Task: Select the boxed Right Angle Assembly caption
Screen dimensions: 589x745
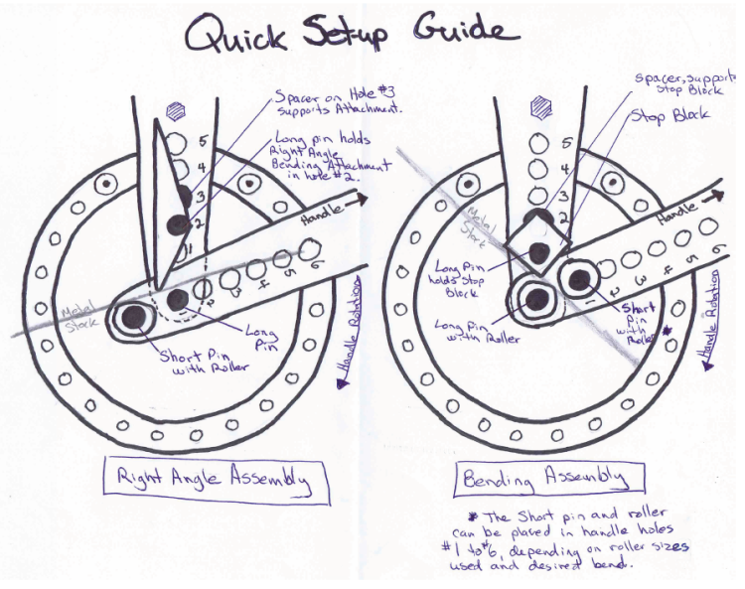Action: tap(215, 480)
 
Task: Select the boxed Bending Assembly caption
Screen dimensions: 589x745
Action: tap(543, 479)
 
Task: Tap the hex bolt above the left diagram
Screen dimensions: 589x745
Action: tap(178, 111)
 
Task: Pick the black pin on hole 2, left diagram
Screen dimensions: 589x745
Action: tap(176, 225)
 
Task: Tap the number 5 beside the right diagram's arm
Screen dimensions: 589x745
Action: tap(567, 144)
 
